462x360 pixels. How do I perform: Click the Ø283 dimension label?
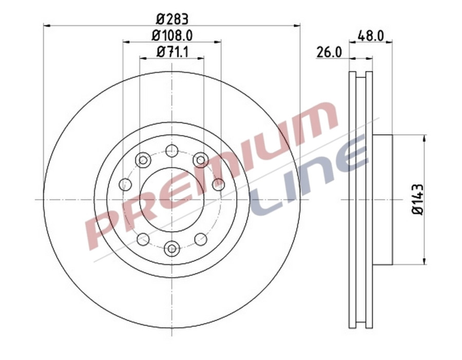[x=172, y=19]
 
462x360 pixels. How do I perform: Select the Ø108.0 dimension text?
[x=172, y=35]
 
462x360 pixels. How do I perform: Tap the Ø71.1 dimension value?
[x=172, y=51]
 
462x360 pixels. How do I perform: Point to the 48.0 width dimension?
[x=371, y=36]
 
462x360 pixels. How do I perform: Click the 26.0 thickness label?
[x=329, y=52]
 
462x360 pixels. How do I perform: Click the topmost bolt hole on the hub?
[x=172, y=151]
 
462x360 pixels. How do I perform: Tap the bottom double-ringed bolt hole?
[x=172, y=249]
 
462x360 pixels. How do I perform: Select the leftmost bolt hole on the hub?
[x=125, y=185]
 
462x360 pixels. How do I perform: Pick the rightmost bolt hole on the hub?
[x=219, y=185]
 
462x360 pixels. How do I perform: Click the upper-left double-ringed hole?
[x=143, y=160]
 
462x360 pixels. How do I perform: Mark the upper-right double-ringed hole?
[x=201, y=160]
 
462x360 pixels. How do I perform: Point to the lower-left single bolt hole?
[x=143, y=239]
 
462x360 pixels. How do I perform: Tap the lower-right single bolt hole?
[x=201, y=239]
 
